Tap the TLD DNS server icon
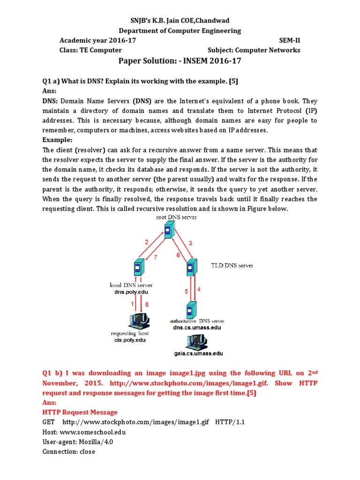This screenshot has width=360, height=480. coord(190,268)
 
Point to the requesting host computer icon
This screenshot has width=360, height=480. coord(139,321)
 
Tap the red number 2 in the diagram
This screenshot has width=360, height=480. coord(146,242)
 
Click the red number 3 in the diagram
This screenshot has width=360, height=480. coord(190,242)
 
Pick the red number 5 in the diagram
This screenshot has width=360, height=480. coord(187,291)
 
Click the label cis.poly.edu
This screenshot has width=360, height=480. coord(130,340)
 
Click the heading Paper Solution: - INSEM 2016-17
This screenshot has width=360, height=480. coord(180,61)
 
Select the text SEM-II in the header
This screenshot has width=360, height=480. coord(289,41)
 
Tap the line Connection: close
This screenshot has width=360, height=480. coord(68,451)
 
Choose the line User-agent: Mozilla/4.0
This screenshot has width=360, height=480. coord(77,442)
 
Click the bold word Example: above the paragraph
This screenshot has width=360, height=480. coord(58,140)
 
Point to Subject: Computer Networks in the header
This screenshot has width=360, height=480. coord(254,50)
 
